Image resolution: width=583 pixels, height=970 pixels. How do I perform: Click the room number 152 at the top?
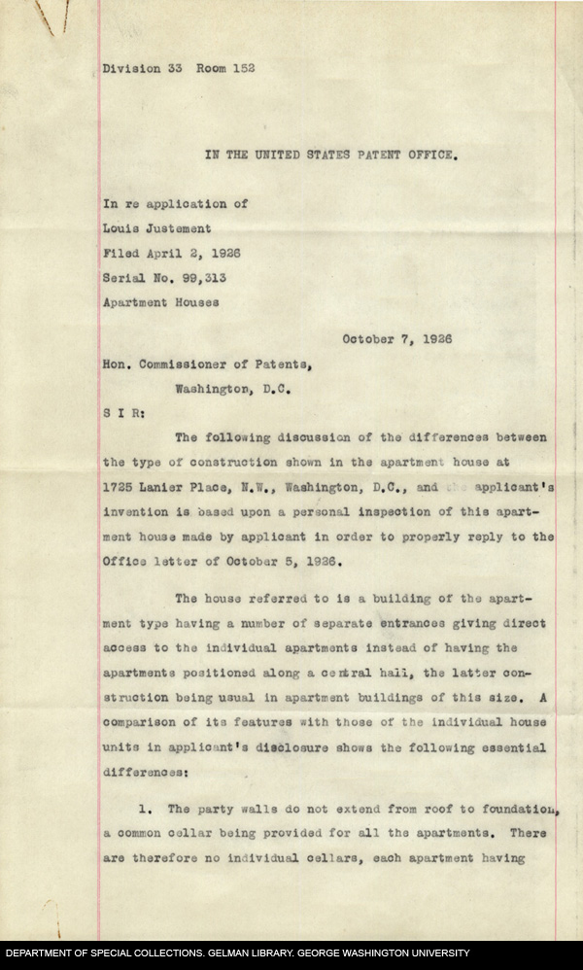point(242,69)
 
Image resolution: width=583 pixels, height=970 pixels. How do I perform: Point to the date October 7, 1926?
point(396,339)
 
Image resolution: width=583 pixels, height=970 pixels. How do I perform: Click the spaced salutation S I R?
point(123,412)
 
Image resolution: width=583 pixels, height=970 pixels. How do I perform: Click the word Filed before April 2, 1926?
point(121,252)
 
